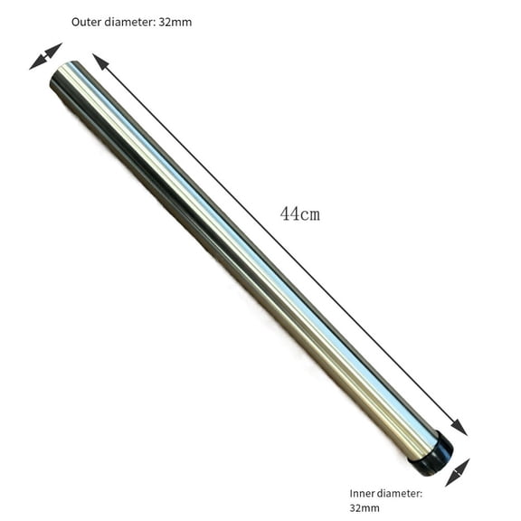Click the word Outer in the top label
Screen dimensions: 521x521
pos(87,21)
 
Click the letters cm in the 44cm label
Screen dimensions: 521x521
pos(310,215)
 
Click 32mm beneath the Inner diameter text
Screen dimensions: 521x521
pos(364,508)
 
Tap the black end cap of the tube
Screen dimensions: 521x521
pos(431,455)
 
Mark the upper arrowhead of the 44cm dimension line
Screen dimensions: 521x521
pos(99,61)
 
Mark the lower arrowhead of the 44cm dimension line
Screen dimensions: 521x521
pos(460,429)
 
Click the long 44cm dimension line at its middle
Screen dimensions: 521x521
pos(280,245)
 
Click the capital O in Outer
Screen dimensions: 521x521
pos(75,21)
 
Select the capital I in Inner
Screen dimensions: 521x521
pos(352,493)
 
